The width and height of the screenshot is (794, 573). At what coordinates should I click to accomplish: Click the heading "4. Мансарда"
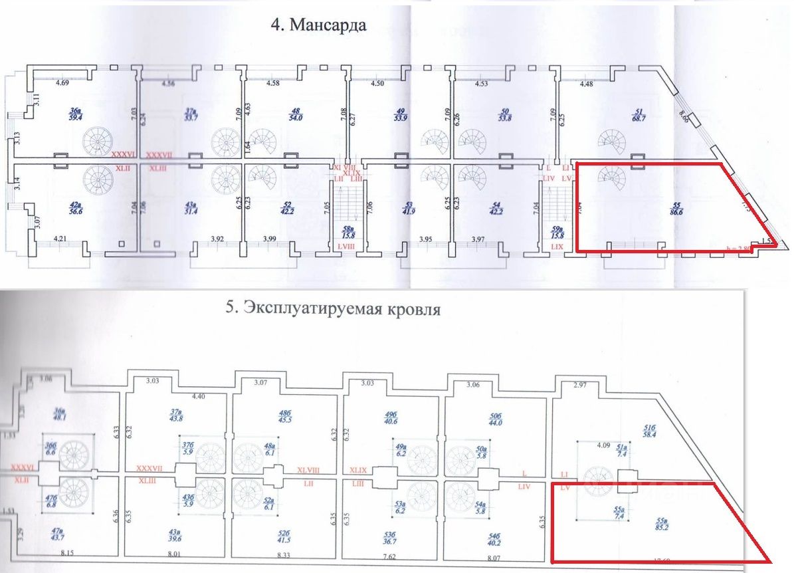pyautogui.click(x=318, y=25)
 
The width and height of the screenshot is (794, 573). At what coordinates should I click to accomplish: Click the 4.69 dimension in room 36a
pyautogui.click(x=62, y=84)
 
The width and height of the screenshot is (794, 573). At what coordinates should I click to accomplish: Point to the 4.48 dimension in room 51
pyautogui.click(x=587, y=84)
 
